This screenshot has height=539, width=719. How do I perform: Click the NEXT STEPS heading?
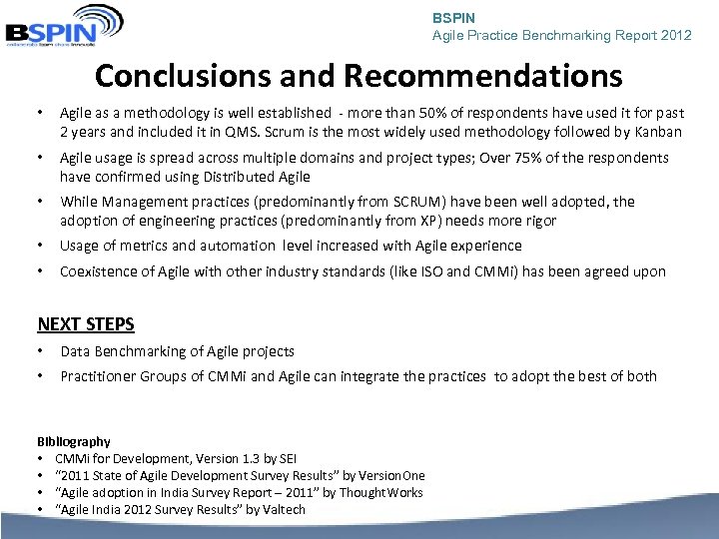click(x=86, y=323)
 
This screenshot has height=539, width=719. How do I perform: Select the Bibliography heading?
click(x=74, y=441)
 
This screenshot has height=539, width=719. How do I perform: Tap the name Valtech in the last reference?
click(x=283, y=509)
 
